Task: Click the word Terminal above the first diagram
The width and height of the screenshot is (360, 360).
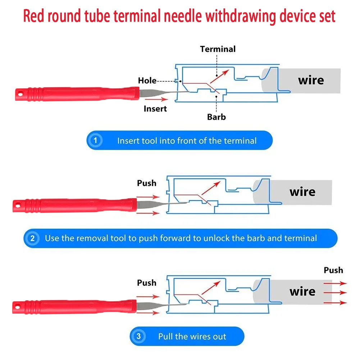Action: (x=218, y=49)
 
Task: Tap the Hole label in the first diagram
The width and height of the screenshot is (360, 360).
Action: (x=147, y=81)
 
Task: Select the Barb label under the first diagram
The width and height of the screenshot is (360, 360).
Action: (x=216, y=117)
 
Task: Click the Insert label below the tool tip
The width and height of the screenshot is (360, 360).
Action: (x=155, y=109)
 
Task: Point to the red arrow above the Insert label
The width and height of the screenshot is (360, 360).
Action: (x=156, y=99)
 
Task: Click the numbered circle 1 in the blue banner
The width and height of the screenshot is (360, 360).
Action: (x=95, y=140)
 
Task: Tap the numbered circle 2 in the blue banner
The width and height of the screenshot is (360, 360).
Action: (x=32, y=238)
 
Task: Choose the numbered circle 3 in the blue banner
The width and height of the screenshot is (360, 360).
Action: (x=138, y=336)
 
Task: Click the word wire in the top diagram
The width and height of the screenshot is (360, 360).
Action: (x=311, y=80)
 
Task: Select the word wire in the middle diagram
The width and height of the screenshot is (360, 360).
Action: (x=302, y=192)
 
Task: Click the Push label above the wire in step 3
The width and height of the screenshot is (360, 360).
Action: (x=333, y=270)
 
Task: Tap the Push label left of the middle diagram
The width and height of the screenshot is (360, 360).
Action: (x=147, y=183)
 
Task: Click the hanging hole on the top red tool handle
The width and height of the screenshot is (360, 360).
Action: (x=20, y=94)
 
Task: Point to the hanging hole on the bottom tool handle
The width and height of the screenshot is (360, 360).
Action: (x=18, y=307)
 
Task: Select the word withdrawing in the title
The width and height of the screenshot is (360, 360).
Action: (x=241, y=17)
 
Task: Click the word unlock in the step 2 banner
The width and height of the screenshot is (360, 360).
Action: (x=217, y=238)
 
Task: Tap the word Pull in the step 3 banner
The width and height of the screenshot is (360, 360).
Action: (x=165, y=336)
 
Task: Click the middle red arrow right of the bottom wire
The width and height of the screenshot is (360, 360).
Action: (x=335, y=293)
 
